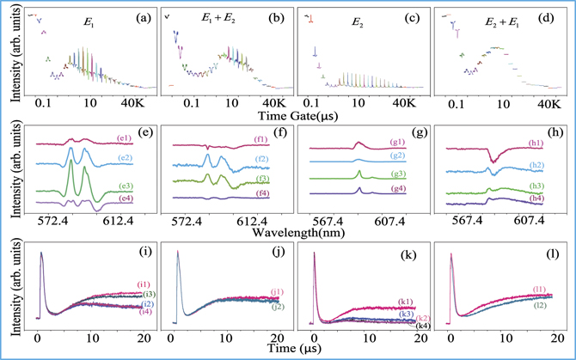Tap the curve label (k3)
pos(407,315)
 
